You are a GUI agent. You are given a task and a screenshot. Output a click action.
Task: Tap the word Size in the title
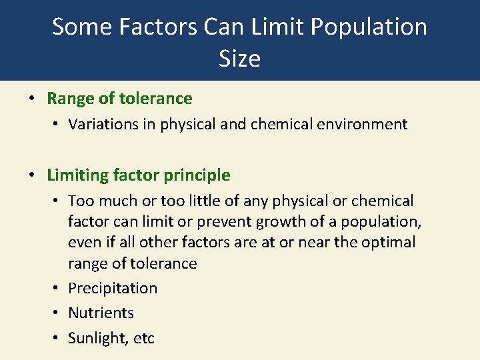[x=239, y=59]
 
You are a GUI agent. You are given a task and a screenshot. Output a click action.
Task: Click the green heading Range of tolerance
[x=119, y=99]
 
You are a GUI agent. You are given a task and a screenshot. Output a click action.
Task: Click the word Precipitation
[x=113, y=288]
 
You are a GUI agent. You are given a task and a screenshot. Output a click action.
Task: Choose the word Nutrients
[x=101, y=313]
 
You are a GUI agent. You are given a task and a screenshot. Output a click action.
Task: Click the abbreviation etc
[x=144, y=338]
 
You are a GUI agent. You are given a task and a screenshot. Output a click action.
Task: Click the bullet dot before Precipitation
[x=57, y=288]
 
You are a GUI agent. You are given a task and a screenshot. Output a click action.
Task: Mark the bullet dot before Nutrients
[x=57, y=313]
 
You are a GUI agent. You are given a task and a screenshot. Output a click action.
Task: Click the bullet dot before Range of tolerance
[x=32, y=99]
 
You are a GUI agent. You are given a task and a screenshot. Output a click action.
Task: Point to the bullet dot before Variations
[x=57, y=124]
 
